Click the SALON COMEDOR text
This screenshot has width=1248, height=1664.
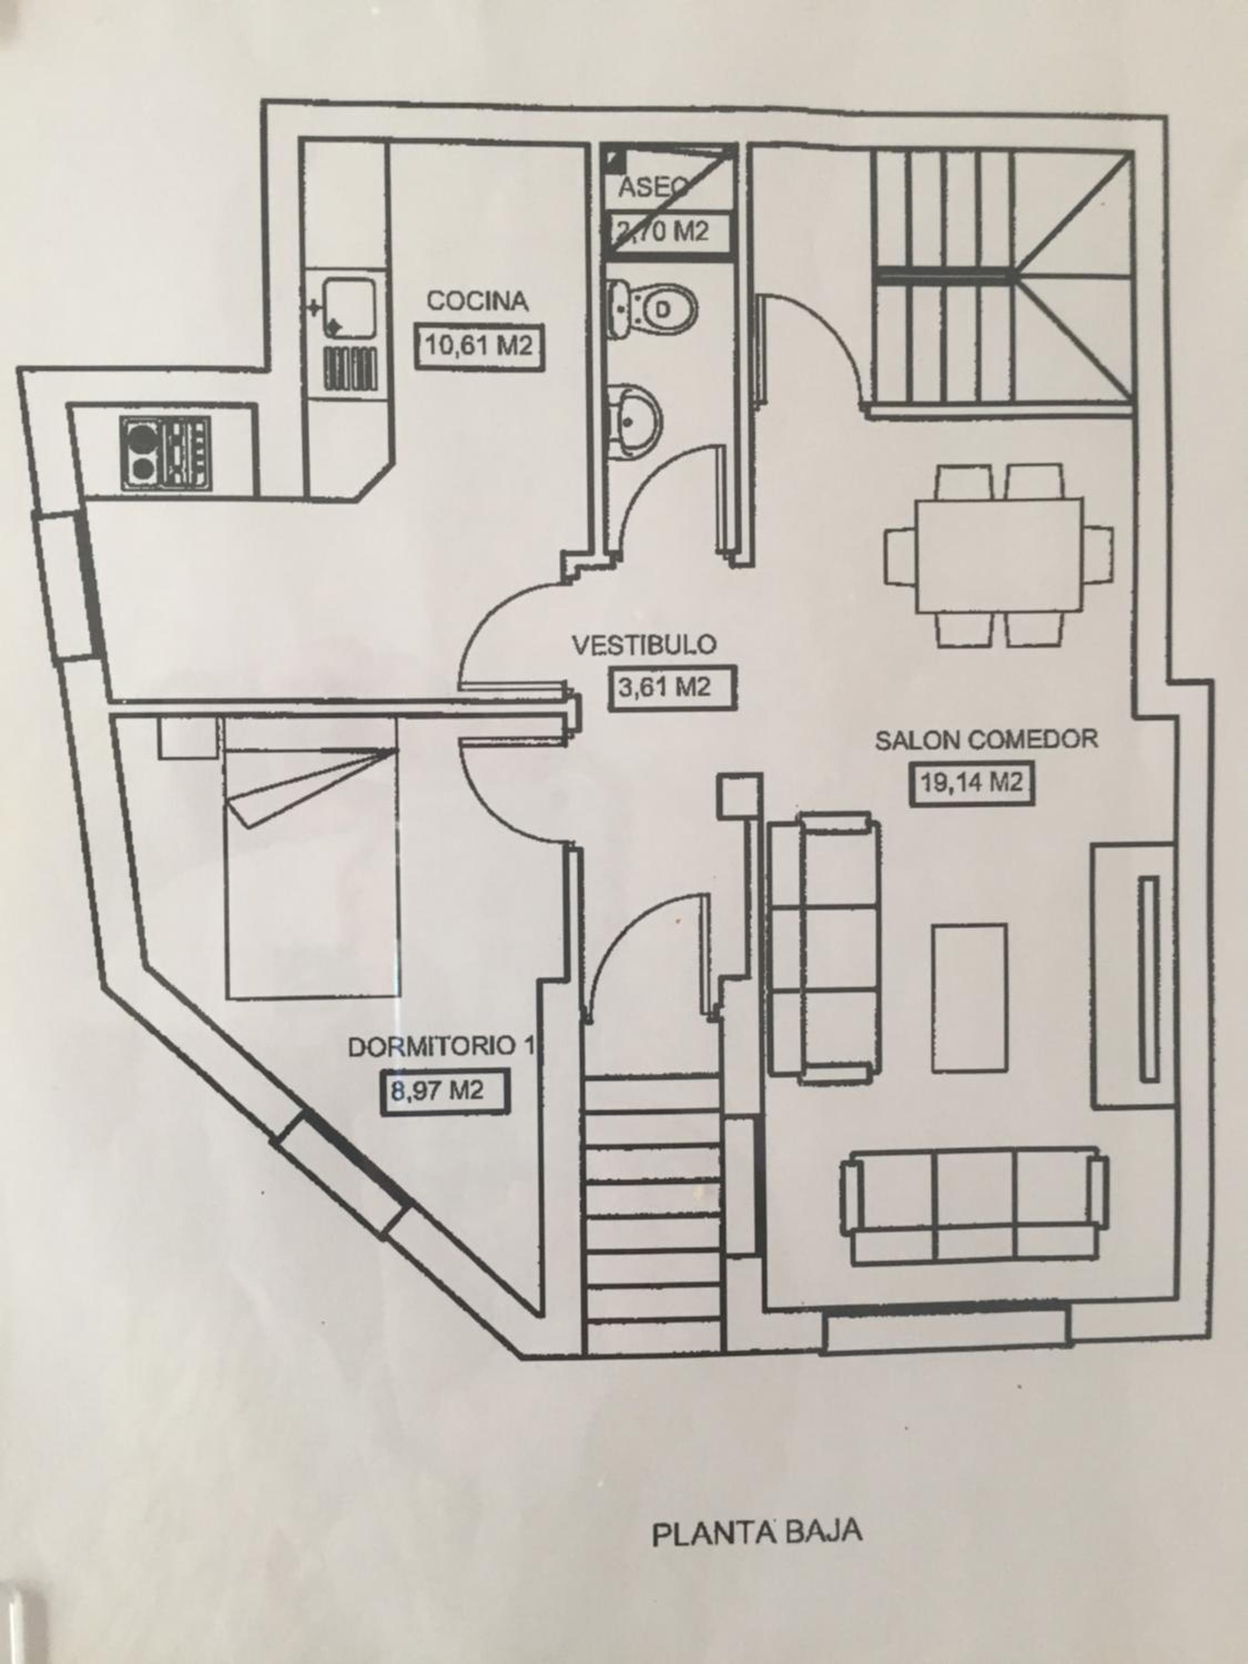pos(986,739)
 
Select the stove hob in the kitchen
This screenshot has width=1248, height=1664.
pos(165,454)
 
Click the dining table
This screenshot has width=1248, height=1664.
pos(998,555)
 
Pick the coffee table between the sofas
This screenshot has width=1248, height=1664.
pos(969,997)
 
